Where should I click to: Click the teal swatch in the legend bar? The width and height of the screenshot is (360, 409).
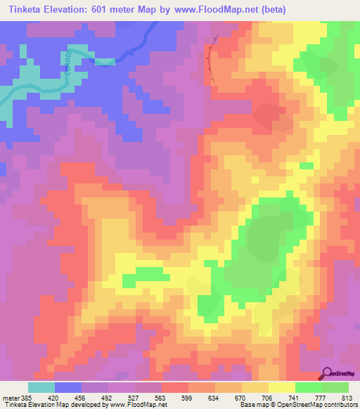click(x=41, y=387)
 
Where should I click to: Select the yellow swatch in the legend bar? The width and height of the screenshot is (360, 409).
click(x=282, y=387)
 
